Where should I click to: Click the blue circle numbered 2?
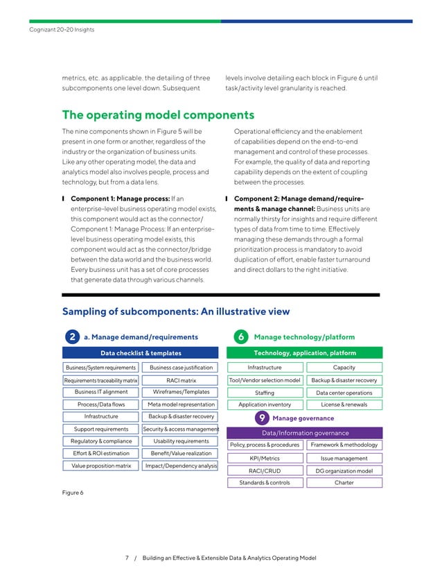(x=72, y=337)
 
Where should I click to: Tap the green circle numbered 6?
(x=240, y=337)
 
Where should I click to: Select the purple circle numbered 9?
(x=261, y=418)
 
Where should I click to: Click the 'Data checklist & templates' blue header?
(x=141, y=353)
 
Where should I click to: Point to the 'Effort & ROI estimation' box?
(x=101, y=453)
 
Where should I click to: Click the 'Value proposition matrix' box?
(x=101, y=465)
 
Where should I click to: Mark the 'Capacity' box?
(x=344, y=368)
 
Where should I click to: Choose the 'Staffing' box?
(x=264, y=393)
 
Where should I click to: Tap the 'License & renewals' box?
(x=344, y=404)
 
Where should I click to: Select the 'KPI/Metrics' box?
(x=264, y=459)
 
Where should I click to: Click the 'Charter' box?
(x=344, y=483)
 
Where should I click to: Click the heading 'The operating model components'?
(x=158, y=114)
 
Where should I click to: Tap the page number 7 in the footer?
(x=127, y=558)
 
